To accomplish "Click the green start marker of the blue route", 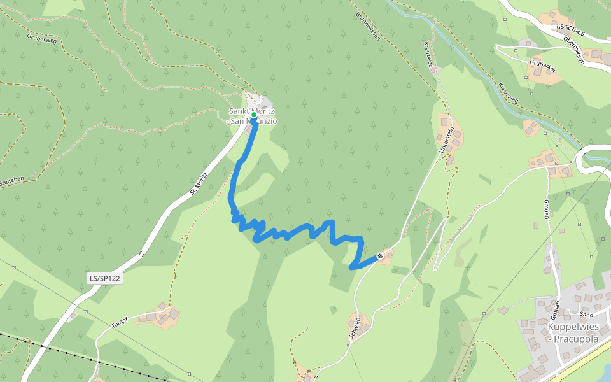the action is [x=253, y=115].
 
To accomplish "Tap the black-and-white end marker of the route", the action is [x=380, y=257].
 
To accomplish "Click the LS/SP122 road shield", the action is [x=105, y=278].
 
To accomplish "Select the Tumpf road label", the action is [x=120, y=322].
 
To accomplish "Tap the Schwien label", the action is [x=354, y=329].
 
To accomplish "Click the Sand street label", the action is [x=587, y=315].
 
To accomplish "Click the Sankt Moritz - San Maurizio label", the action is [x=253, y=116].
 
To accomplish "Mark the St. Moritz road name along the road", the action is [x=199, y=185].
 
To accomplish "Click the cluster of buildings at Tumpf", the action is [x=162, y=314].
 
